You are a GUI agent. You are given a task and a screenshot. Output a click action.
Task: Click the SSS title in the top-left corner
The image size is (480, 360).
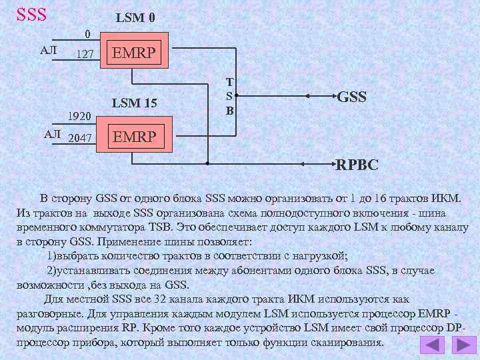coord(31,13)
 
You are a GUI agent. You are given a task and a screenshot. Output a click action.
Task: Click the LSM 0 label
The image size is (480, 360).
coord(136,18)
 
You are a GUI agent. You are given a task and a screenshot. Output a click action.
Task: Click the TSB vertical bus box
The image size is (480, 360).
coord(229,96)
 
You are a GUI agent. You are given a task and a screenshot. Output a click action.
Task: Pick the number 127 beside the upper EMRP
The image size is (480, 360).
coord(85,54)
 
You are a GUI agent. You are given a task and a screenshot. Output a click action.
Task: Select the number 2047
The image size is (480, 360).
coord(81,137)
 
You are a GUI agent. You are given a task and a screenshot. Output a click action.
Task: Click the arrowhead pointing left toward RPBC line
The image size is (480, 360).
coord(308,163)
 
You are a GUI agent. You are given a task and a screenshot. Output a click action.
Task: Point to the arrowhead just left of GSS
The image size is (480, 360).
coord(308,97)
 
